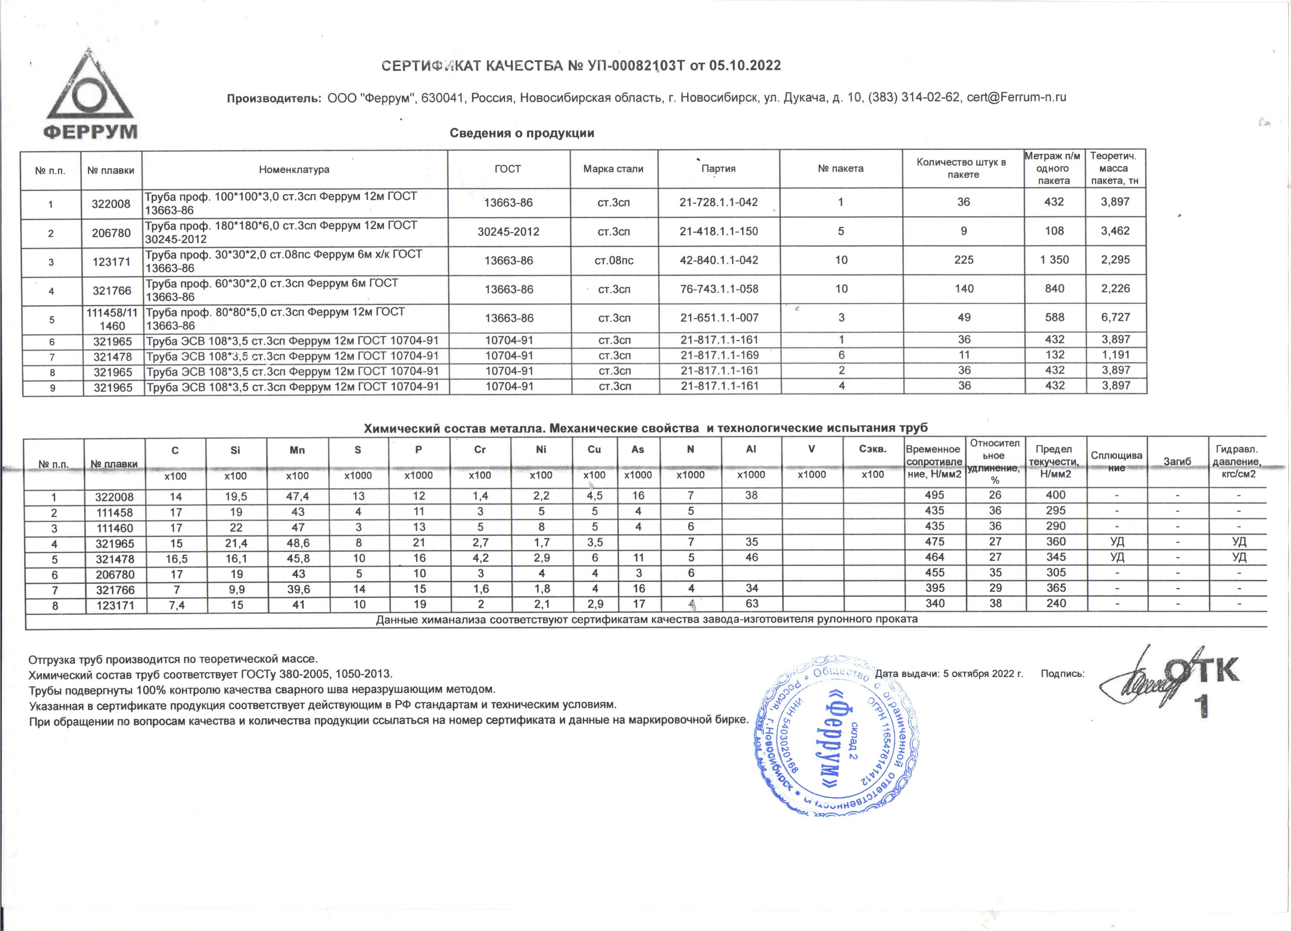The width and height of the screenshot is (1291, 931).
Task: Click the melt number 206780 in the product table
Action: [112, 233]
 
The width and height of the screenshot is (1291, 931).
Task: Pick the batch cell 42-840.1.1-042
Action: [719, 260]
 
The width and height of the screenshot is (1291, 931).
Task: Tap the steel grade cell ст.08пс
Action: [614, 261]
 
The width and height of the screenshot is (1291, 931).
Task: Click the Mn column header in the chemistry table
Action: [297, 450]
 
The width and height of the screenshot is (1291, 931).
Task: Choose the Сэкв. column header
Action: [872, 449]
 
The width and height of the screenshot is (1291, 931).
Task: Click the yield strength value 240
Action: [1056, 604]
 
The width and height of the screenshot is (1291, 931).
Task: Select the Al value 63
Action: [751, 604]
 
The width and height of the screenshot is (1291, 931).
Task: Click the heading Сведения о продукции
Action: [522, 133]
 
